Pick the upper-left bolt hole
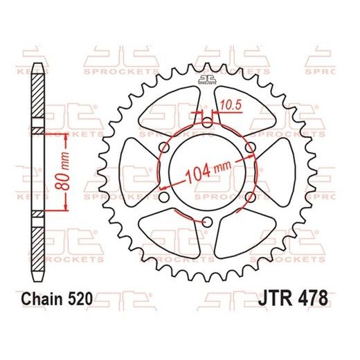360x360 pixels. click(x=165, y=147)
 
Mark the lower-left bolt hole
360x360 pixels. click(x=165, y=197)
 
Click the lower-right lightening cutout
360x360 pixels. click(x=242, y=239)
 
